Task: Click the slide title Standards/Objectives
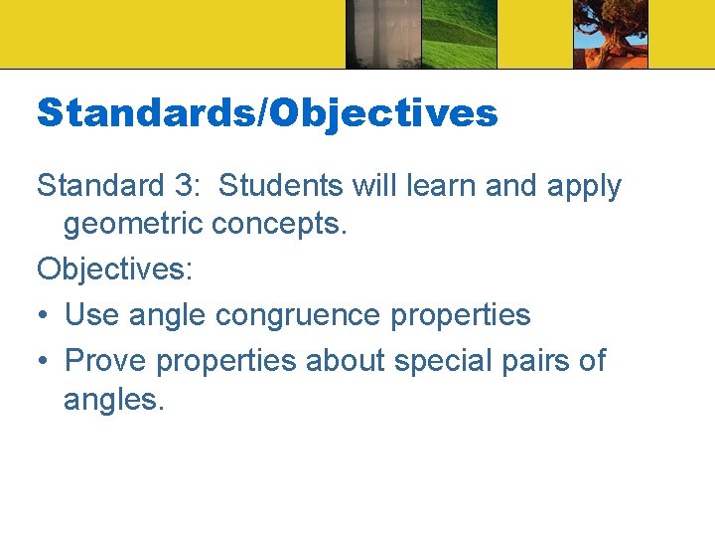[x=267, y=113]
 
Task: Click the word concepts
[x=279, y=226]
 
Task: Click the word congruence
[x=298, y=315]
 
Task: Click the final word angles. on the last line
[x=110, y=402]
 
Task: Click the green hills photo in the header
[x=459, y=34]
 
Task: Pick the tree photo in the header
[x=610, y=34]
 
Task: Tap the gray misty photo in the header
[x=382, y=34]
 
